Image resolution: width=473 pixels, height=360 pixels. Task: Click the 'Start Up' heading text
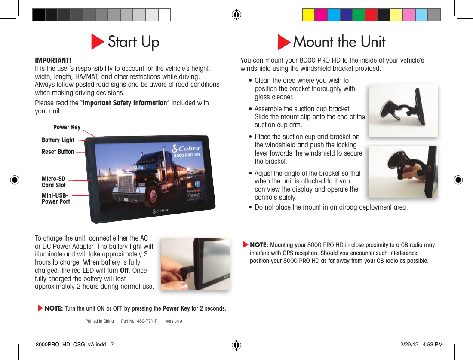[x=133, y=42]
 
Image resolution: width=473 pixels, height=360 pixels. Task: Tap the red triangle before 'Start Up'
[x=98, y=42]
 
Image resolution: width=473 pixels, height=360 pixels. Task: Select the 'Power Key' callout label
[x=67, y=127]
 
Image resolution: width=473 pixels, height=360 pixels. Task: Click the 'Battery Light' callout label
[x=58, y=140]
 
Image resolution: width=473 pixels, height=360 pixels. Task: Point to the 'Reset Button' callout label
[x=58, y=152]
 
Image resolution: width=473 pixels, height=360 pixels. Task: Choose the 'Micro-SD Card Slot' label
[x=54, y=182]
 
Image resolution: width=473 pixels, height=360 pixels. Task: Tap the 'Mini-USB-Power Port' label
[x=55, y=198]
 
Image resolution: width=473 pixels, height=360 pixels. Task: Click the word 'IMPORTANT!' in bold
[x=53, y=60]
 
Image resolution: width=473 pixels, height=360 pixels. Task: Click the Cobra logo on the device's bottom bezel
[x=160, y=211]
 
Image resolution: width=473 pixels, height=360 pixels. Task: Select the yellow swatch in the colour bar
[x=308, y=15]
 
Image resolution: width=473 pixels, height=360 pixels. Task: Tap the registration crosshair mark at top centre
[x=236, y=15]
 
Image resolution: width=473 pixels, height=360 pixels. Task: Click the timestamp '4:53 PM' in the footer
[x=433, y=345]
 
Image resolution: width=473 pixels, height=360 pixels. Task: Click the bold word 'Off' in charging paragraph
[x=125, y=270]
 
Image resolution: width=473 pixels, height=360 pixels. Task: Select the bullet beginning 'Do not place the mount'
[x=331, y=207]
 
